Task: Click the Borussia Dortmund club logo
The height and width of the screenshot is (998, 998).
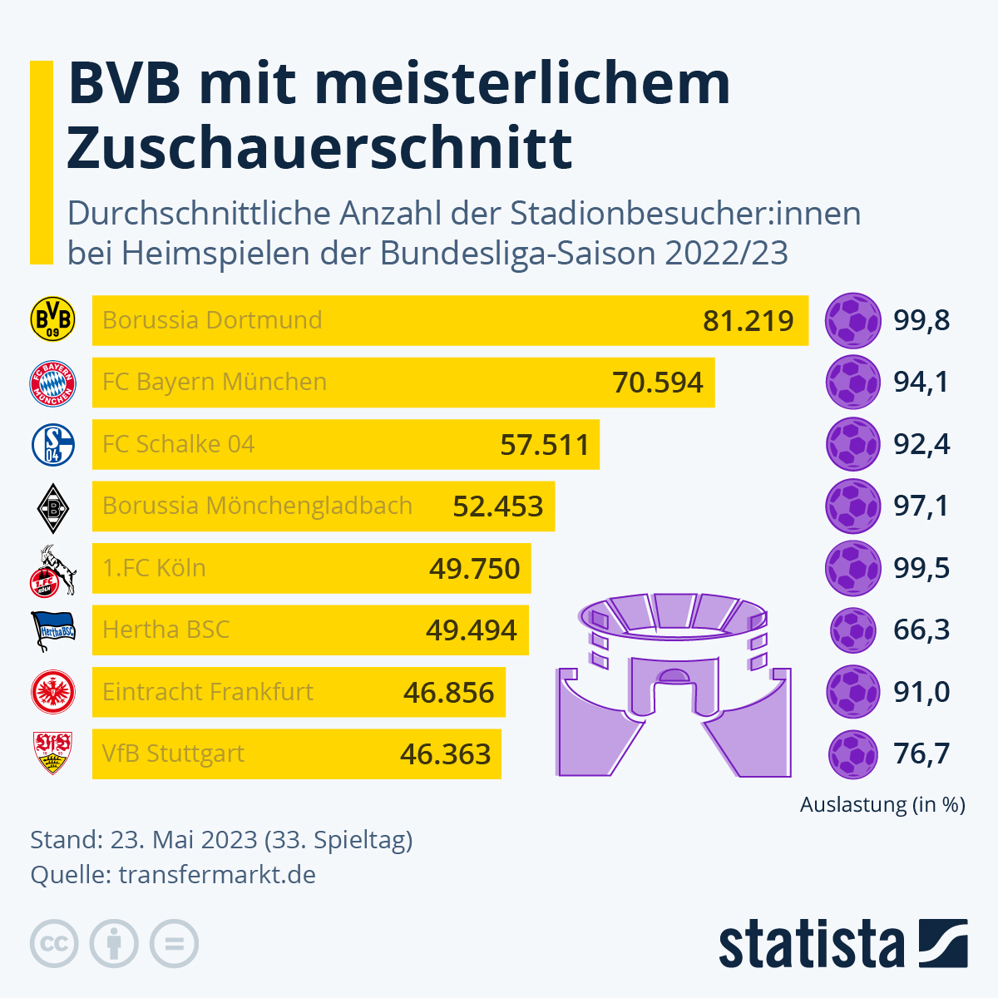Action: click(52, 320)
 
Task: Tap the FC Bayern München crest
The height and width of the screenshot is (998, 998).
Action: click(52, 383)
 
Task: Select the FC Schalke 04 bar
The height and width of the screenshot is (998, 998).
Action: click(345, 444)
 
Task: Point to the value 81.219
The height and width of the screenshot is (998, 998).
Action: click(748, 321)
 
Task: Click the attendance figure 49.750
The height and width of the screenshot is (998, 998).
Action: click(474, 569)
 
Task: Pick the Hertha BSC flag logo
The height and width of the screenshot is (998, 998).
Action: click(52, 630)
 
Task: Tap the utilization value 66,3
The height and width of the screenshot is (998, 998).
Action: click(921, 630)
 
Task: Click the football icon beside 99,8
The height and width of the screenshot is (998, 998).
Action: click(852, 320)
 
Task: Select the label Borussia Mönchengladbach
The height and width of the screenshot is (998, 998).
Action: click(257, 506)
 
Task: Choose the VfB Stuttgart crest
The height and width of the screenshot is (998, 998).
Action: click(52, 753)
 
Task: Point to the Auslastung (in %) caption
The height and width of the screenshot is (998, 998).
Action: click(882, 804)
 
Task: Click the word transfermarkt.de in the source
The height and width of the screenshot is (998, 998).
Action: click(217, 875)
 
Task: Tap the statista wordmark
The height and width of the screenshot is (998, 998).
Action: click(811, 944)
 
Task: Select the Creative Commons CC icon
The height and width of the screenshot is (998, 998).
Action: click(54, 944)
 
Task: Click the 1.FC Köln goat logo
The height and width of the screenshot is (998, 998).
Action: click(52, 571)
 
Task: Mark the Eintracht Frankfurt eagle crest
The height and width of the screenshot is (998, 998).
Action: click(52, 692)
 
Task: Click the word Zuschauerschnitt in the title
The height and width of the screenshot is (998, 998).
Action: click(319, 147)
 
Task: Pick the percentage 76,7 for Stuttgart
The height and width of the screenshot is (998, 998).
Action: click(921, 753)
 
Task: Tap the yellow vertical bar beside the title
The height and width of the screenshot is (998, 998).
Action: click(41, 162)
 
